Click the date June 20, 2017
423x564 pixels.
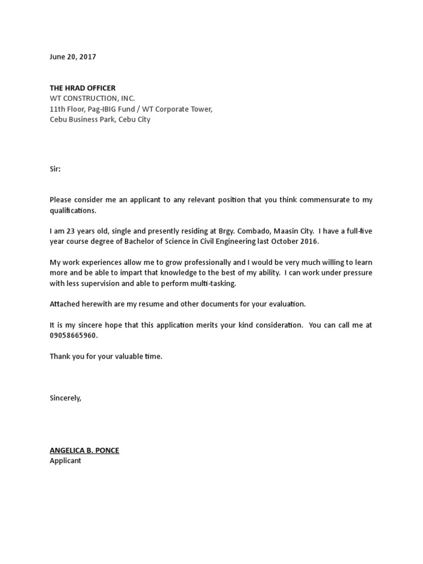click(x=73, y=57)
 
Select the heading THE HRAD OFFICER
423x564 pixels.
click(x=83, y=88)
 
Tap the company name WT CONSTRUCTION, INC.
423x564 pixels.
click(x=92, y=99)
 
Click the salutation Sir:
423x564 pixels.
click(x=55, y=169)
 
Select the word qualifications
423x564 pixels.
click(x=73, y=210)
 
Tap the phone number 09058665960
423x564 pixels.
click(x=76, y=335)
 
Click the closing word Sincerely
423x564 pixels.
click(x=65, y=398)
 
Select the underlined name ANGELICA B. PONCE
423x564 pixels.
click(x=84, y=450)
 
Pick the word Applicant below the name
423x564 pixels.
click(x=65, y=460)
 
